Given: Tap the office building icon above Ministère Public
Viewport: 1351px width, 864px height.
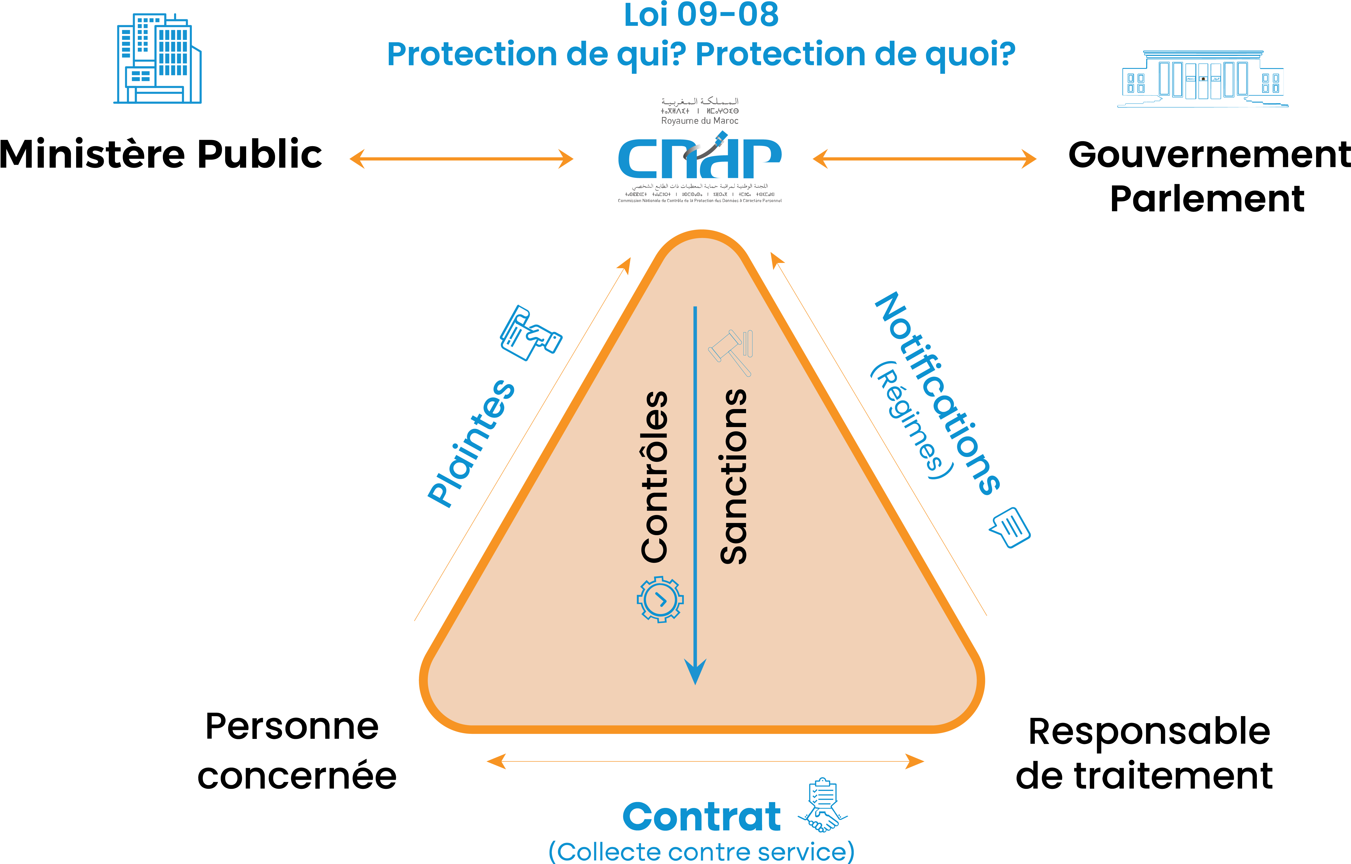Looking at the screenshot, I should (158, 59).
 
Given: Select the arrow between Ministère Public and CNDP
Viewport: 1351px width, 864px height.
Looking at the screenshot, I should (461, 159).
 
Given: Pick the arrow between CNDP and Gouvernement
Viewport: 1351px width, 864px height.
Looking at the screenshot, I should (924, 159).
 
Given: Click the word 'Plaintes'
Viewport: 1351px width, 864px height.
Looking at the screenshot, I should (471, 443).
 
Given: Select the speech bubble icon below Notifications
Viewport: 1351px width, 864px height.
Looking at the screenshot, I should (1010, 527).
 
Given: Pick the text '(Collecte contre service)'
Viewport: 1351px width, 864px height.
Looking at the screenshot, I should (701, 852).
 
